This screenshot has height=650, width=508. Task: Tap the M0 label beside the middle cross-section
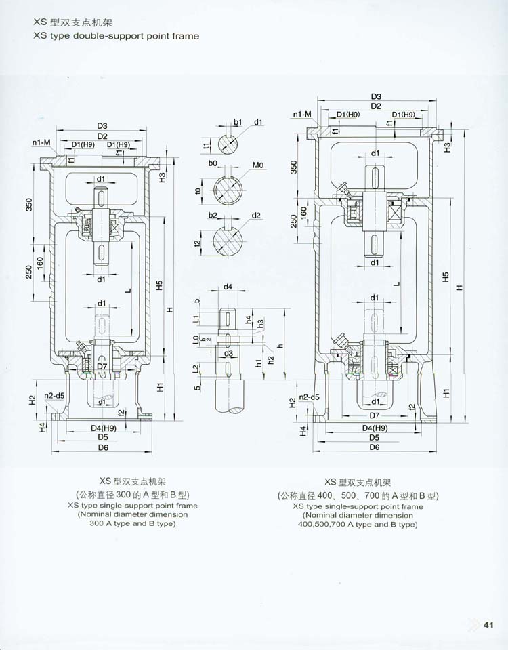click(x=258, y=165)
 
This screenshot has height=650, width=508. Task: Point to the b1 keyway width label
click(x=238, y=122)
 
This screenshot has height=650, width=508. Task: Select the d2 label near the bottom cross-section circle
click(x=256, y=216)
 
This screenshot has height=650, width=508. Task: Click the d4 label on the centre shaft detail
click(x=228, y=287)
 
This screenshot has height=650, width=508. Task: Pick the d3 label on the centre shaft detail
click(x=229, y=353)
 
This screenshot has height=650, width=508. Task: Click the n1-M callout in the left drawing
click(x=41, y=143)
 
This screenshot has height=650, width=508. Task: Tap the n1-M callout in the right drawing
click(x=302, y=114)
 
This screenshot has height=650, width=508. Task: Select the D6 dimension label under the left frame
click(x=104, y=448)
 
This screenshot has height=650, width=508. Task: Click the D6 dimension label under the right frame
click(x=374, y=447)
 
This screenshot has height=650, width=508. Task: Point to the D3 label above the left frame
click(x=103, y=125)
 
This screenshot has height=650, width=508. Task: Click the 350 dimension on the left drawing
click(x=29, y=204)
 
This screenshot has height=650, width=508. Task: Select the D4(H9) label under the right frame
click(x=375, y=428)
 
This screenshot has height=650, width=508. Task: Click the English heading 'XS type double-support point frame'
click(x=116, y=35)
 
